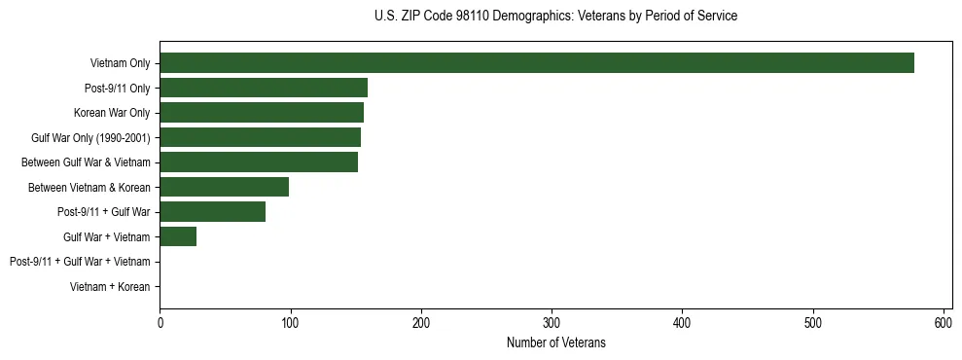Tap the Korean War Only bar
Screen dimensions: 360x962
(262, 113)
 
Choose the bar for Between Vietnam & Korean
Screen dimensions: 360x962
(224, 187)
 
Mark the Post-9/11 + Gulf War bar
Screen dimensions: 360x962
(212, 212)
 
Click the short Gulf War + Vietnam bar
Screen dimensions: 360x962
(178, 236)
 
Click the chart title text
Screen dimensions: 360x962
(555, 17)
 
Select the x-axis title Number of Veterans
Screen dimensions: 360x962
(555, 342)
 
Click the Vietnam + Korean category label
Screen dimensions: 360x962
(110, 287)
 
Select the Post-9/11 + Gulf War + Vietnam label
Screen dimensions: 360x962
(80, 262)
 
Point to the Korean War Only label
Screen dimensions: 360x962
(112, 113)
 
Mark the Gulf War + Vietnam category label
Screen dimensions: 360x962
(106, 236)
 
